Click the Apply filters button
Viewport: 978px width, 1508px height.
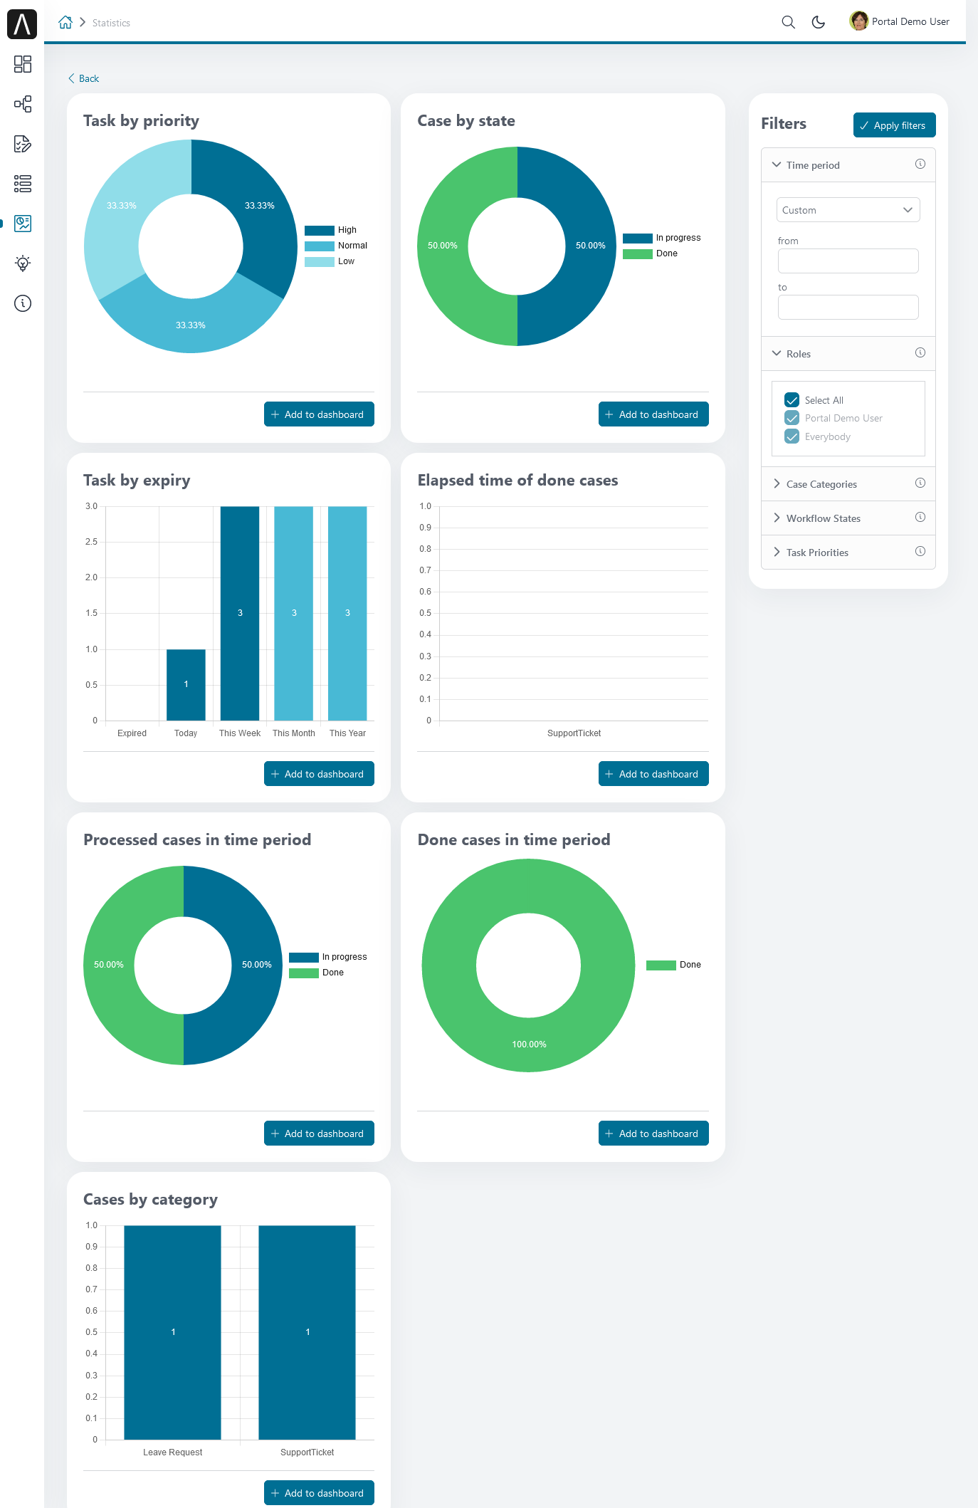coord(894,125)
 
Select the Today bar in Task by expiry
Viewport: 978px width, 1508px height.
coord(186,684)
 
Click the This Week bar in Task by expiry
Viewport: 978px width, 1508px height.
coord(240,613)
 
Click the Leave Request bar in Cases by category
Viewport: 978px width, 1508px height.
coord(172,1331)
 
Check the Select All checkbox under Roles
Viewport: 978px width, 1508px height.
coord(792,400)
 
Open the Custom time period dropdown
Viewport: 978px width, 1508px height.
coord(848,210)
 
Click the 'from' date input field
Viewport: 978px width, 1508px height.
coord(848,261)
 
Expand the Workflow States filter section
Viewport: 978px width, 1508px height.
coord(823,518)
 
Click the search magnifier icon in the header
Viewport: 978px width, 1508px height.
coord(788,22)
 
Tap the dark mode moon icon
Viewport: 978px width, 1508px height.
coord(819,22)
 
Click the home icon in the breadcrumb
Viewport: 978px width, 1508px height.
coord(65,22)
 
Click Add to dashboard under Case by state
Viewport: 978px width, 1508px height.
coord(653,414)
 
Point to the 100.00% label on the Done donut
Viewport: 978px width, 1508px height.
coord(529,1044)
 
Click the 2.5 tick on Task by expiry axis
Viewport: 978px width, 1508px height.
coord(91,542)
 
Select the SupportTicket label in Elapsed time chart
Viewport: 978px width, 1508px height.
coord(574,733)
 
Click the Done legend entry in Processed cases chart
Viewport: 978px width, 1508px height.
coord(317,973)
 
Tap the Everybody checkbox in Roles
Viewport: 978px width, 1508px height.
coord(792,436)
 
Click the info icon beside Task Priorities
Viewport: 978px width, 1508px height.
coord(920,551)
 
